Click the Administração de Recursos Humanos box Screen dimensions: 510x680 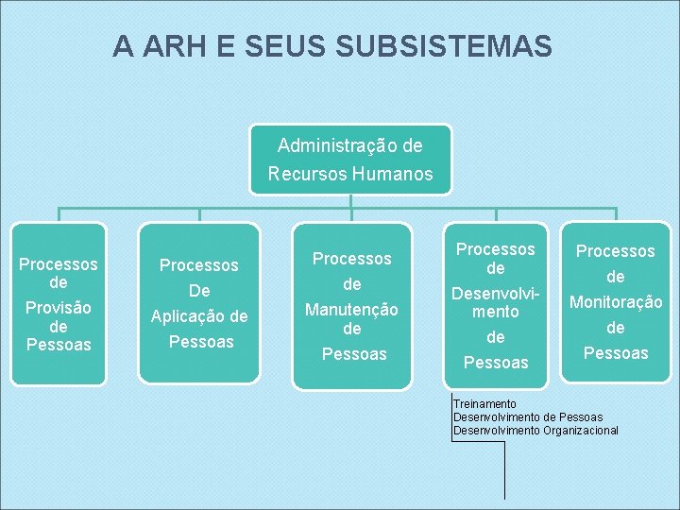pyautogui.click(x=350, y=160)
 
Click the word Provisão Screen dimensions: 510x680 pyautogui.click(x=59, y=307)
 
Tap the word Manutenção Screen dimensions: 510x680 pyautogui.click(x=351, y=309)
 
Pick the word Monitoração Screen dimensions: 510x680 pyautogui.click(x=616, y=302)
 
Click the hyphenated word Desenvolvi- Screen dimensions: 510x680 pyautogui.click(x=496, y=293)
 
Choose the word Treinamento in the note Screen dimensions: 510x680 pyautogui.click(x=484, y=404)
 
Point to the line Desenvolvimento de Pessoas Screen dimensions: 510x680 pyautogui.click(x=527, y=417)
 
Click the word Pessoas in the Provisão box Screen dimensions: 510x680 pyautogui.click(x=59, y=345)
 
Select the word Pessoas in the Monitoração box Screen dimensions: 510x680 pyautogui.click(x=616, y=353)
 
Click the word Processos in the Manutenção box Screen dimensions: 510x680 pyautogui.click(x=351, y=258)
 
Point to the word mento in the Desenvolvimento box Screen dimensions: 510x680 pyautogui.click(x=496, y=311)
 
